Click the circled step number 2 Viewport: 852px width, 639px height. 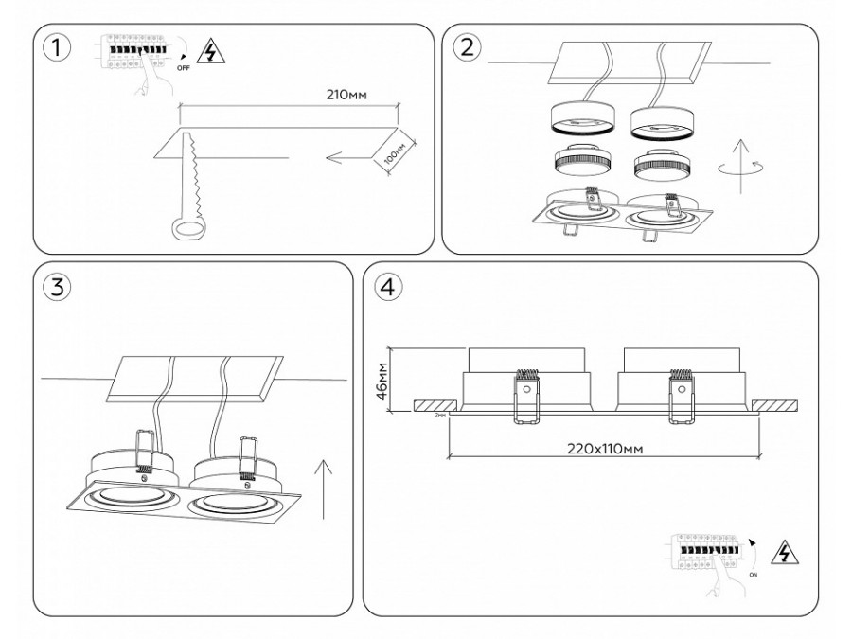tap(466, 48)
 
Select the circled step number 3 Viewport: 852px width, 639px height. tap(59, 288)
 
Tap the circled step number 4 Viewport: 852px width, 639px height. tap(387, 287)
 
